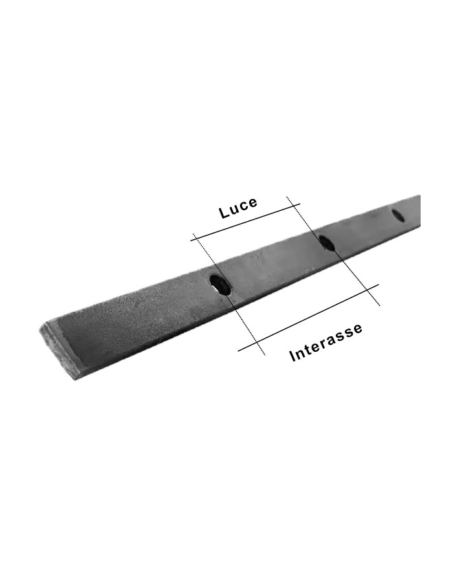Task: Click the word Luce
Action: [x=238, y=207]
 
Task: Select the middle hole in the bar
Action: [x=327, y=243]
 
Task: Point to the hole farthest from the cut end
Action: [x=399, y=216]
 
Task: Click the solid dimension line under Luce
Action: [x=246, y=222]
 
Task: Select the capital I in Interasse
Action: [x=293, y=356]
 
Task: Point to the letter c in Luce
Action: [x=243, y=206]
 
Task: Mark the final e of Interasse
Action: [x=358, y=327]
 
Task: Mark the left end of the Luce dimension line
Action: [x=192, y=241]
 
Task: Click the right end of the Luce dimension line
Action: [x=300, y=204]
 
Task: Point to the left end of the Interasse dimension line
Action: [x=239, y=351]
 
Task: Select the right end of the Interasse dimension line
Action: [x=378, y=285]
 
